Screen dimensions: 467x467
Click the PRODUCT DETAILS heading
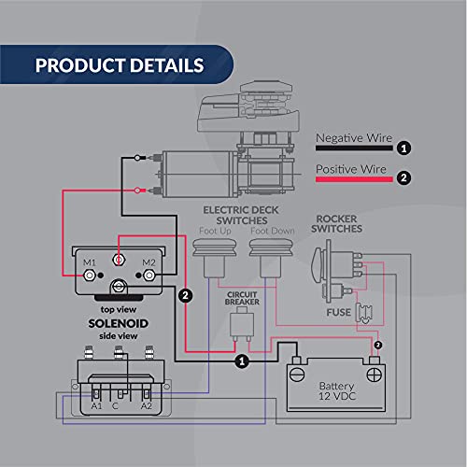[x=119, y=66]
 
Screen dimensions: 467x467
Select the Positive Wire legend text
[x=350, y=170]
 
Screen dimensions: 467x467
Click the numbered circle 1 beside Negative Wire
[x=404, y=148]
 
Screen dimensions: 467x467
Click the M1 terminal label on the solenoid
[x=91, y=262]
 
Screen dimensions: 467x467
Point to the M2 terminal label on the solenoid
[x=149, y=262]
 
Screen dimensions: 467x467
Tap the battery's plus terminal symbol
[x=374, y=375]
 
